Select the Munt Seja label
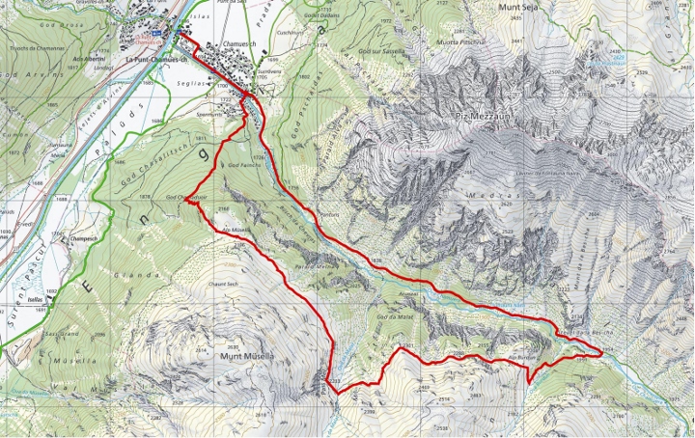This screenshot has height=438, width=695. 524,7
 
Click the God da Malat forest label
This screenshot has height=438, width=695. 394,315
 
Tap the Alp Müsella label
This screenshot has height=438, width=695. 236,230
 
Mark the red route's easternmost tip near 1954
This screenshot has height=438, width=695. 600,354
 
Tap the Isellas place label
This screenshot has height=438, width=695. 36,300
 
